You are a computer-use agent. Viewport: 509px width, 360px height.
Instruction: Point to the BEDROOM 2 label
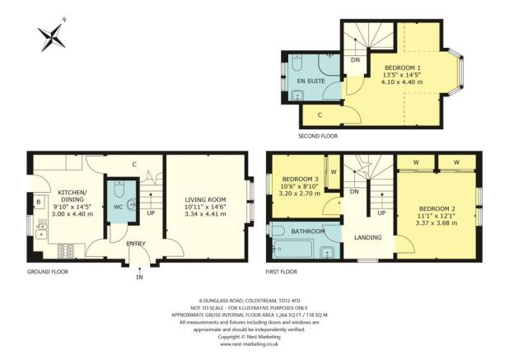437,208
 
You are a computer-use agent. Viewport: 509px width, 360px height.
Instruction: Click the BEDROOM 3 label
300,179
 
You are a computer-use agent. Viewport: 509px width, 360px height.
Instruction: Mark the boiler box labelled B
38,201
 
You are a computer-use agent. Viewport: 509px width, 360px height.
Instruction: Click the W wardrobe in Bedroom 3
333,171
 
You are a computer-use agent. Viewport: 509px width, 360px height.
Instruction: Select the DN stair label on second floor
356,60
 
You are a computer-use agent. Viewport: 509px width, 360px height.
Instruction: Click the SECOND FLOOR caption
318,136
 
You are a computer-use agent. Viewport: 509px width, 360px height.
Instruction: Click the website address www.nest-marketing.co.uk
253,344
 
